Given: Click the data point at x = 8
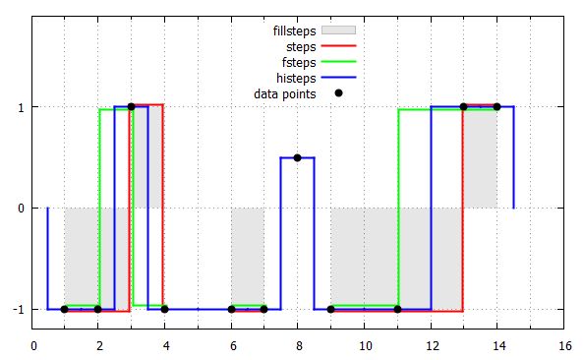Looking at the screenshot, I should click(x=297, y=157).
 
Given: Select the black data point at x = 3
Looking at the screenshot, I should click(x=131, y=106).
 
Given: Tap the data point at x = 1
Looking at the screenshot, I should click(x=64, y=309).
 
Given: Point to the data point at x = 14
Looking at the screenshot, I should click(x=496, y=106).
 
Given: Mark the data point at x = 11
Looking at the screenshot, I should click(x=397, y=309).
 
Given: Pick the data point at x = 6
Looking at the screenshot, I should click(x=231, y=309).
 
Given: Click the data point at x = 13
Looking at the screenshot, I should click(x=463, y=106).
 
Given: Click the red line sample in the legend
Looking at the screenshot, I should click(x=338, y=46).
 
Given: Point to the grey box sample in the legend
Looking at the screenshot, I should click(x=338, y=30).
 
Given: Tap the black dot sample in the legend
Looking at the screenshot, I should click(x=338, y=93).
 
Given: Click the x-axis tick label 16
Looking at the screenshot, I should click(x=563, y=345).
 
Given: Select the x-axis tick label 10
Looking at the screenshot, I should click(x=364, y=345).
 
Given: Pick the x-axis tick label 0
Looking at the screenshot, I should click(x=33, y=345).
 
